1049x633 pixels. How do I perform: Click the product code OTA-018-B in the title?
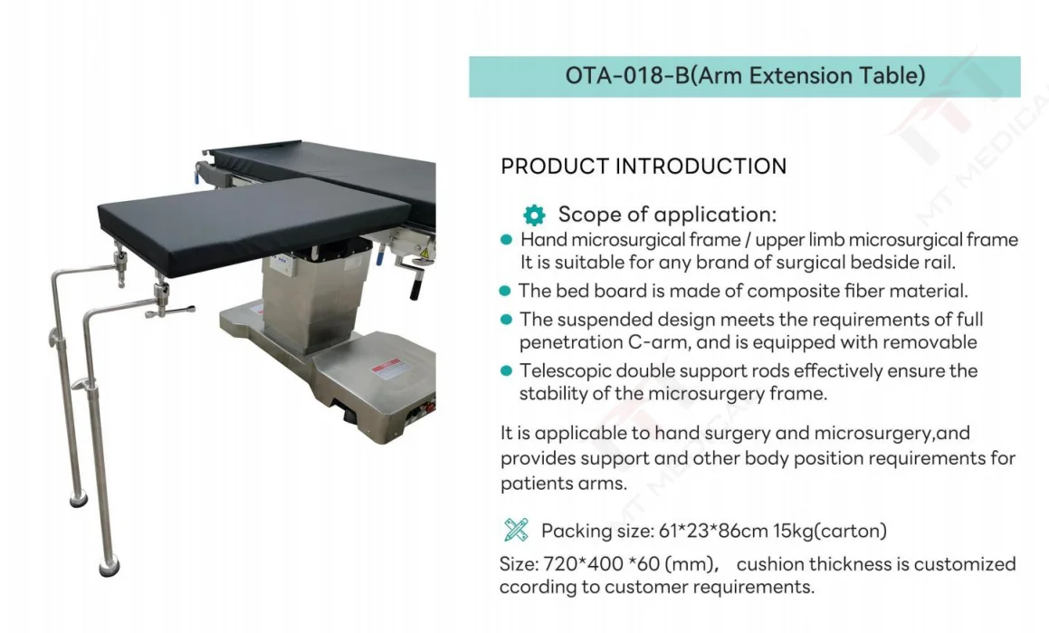pos(627,75)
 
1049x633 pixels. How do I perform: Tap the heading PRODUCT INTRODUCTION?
pos(644,166)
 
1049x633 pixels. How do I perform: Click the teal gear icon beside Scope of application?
pos(534,215)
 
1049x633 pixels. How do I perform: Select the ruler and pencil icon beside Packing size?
pos(516,530)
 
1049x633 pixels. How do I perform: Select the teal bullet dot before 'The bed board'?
pos(505,291)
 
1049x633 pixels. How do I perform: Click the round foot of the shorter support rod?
pos(79,499)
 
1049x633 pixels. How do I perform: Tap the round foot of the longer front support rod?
pos(109,567)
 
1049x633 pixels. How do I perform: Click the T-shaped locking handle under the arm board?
pos(170,311)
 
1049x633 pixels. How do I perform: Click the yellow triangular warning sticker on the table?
pos(424,253)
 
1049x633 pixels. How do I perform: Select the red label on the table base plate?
pos(387,369)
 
